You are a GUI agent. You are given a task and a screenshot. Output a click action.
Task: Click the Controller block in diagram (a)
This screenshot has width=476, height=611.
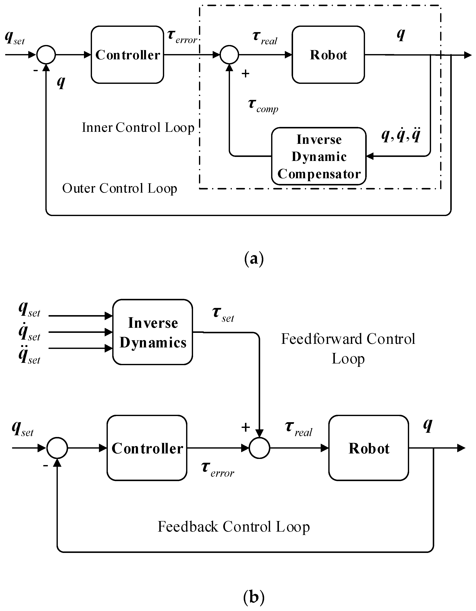pyautogui.click(x=127, y=55)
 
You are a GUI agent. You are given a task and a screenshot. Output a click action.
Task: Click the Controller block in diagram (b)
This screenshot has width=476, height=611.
pyautogui.click(x=147, y=448)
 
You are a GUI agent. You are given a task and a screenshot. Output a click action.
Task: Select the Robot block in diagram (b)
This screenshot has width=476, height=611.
pyautogui.click(x=368, y=448)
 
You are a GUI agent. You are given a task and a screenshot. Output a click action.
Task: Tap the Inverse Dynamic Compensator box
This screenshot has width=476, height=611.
pyautogui.click(x=319, y=156)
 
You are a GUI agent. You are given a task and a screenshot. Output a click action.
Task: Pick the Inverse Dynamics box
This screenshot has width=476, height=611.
pyautogui.click(x=153, y=332)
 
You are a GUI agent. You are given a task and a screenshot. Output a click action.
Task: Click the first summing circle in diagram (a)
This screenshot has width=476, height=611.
pyautogui.click(x=46, y=55)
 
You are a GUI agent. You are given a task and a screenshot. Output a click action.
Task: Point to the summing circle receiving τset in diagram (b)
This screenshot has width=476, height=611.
pyautogui.click(x=259, y=448)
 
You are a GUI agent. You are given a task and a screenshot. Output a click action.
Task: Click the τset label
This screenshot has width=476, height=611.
pyautogui.click(x=223, y=314)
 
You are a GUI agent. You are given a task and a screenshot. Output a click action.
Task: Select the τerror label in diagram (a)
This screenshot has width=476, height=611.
pyautogui.click(x=182, y=37)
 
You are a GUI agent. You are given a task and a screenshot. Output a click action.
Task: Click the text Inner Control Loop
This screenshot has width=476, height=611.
pyautogui.click(x=138, y=128)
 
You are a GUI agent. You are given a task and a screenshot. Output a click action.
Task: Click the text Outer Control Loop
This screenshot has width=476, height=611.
pyautogui.click(x=120, y=188)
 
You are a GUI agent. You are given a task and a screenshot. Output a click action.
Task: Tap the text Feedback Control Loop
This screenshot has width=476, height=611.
pyautogui.click(x=234, y=527)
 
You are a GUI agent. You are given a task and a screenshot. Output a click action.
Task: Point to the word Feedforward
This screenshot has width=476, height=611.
pyautogui.click(x=321, y=339)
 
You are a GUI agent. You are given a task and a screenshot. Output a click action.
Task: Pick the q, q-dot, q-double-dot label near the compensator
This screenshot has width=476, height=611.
pyautogui.click(x=401, y=135)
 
